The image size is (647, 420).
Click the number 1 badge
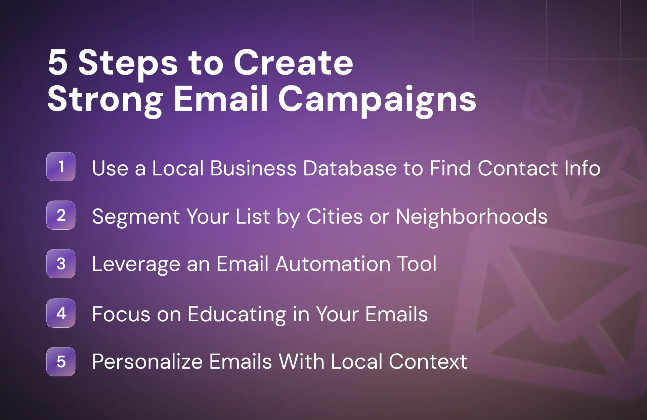(x=61, y=167)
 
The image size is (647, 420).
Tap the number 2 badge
(x=61, y=215)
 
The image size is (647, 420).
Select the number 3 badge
(x=61, y=264)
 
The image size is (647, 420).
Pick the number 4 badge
(x=61, y=313)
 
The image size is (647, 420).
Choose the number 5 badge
(x=61, y=362)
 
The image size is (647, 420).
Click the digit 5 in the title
(x=57, y=62)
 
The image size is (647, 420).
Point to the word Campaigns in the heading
(x=377, y=101)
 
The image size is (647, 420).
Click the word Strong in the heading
(x=105, y=101)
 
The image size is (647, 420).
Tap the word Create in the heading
(x=293, y=62)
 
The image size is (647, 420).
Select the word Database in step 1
(x=350, y=168)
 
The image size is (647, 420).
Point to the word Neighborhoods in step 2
(x=472, y=216)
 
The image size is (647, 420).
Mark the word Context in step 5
(x=428, y=362)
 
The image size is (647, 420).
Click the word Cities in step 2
(x=335, y=216)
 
